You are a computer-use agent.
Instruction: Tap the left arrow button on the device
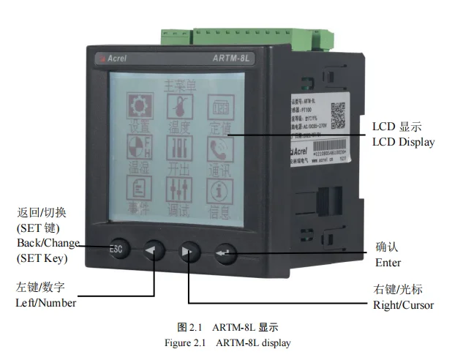pos(154,251)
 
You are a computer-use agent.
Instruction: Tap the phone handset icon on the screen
pos(217,150)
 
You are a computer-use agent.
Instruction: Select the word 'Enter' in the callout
pos(388,263)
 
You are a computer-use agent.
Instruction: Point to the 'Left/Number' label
pos(46,302)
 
